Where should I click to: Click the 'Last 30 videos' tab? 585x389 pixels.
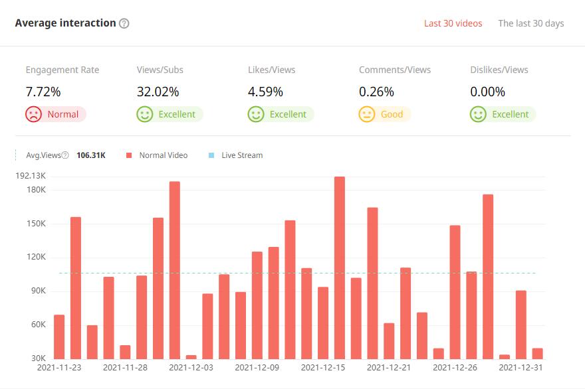point(453,23)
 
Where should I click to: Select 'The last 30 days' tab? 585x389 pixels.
point(530,23)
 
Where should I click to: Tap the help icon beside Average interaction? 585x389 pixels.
point(124,23)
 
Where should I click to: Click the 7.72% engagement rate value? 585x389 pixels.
point(43,92)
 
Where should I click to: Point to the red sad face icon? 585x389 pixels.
point(33,114)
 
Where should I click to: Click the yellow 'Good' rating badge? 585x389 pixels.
point(384,114)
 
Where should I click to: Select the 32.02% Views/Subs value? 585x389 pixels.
point(158,92)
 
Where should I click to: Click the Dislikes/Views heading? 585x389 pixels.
point(499,70)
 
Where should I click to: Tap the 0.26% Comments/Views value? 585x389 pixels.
point(376,92)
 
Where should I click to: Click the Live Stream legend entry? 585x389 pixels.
point(241,155)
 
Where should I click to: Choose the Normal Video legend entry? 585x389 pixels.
point(163,155)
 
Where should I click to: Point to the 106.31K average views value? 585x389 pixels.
point(91,155)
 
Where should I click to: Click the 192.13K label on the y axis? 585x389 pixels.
point(31,176)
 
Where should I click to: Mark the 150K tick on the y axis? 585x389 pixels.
point(36,224)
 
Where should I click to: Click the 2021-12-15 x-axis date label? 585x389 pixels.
point(323,366)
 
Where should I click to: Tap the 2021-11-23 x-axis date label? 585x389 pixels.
point(59,366)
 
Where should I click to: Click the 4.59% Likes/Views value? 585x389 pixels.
point(265,92)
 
